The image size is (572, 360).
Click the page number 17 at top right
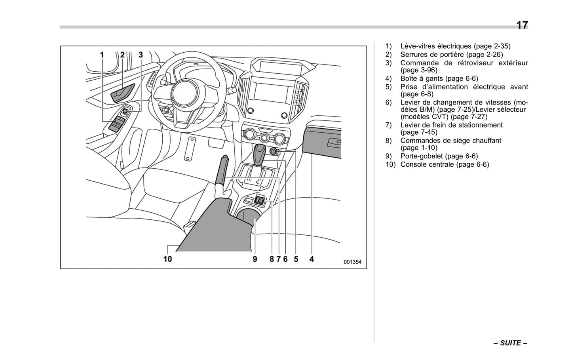pos(521,25)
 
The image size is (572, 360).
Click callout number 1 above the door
pos(102,55)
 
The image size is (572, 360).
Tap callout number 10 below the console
pos(167,259)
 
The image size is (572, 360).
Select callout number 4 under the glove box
pos(312,259)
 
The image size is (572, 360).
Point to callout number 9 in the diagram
pos(255,259)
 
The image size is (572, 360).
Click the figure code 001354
pos(352,262)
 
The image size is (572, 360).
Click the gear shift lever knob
pos(260,152)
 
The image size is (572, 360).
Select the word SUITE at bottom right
pos(510,343)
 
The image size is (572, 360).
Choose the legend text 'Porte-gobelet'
pos(422,156)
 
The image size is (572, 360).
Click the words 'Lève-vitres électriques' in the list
pos(436,46)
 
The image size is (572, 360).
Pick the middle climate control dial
pos(264,138)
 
